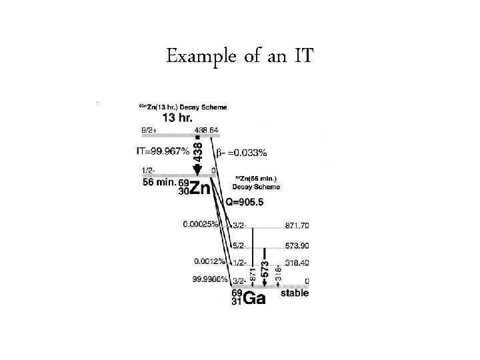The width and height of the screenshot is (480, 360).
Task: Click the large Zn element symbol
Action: [x=199, y=189]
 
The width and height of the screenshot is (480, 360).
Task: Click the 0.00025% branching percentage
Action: [x=201, y=225]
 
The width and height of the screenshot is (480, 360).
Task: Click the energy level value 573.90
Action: [x=296, y=246]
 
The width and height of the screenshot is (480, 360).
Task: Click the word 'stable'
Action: [x=293, y=294]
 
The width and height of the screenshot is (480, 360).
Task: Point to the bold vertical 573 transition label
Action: [x=265, y=268]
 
